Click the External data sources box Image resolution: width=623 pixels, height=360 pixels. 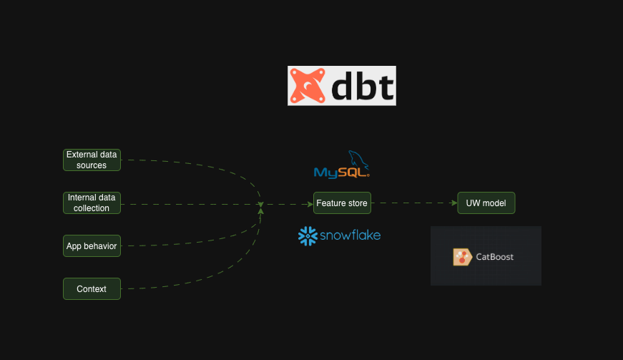[x=92, y=160]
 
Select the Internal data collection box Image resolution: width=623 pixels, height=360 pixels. [x=92, y=203]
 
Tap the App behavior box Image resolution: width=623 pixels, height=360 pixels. [x=92, y=245]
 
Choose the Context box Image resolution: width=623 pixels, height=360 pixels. [x=92, y=288]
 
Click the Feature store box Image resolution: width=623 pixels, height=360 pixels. [x=342, y=203]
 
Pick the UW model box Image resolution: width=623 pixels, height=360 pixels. [x=486, y=203]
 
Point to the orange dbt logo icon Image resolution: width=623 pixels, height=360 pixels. [x=308, y=86]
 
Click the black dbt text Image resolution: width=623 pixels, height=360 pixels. [x=363, y=87]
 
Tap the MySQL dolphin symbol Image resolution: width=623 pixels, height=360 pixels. [x=358, y=161]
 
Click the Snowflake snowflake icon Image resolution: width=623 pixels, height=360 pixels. [x=308, y=235]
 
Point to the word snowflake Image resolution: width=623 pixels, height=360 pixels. [x=350, y=235]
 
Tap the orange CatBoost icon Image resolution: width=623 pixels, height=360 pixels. [x=462, y=257]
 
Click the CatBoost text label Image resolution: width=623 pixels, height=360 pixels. [x=495, y=257]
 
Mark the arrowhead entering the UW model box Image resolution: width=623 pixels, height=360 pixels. [x=453, y=203]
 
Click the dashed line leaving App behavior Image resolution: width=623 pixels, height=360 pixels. [x=186, y=245]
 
